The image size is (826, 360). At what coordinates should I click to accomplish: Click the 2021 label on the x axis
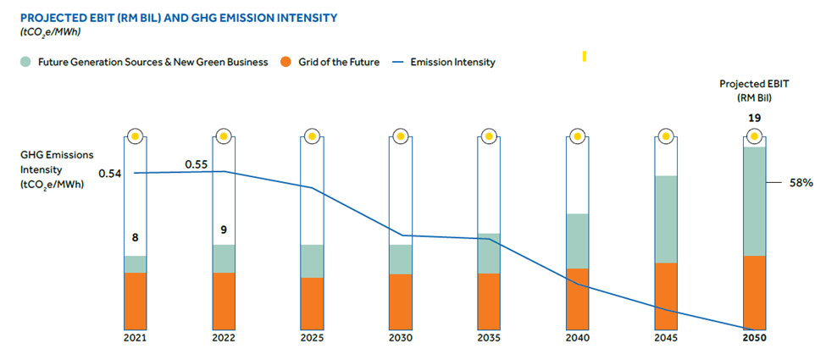coord(136,337)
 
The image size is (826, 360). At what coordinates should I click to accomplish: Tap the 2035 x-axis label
coord(489,337)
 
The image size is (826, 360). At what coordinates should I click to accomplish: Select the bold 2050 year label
coord(754,337)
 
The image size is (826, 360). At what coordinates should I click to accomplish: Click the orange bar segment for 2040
coord(578,298)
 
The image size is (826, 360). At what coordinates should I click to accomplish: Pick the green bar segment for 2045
coord(666,219)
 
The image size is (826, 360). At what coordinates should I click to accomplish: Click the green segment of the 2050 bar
coord(754,202)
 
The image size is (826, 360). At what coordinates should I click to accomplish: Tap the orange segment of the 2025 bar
coord(312,303)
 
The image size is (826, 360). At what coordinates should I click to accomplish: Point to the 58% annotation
coord(801,183)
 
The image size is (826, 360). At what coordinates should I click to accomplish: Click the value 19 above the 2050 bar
coord(754,118)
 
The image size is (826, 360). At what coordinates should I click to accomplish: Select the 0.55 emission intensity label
coord(196,165)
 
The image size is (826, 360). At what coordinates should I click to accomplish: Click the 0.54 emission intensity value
coord(110,174)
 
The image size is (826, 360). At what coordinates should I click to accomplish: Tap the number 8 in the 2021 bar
coord(136,238)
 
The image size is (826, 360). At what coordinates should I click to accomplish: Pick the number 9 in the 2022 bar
coord(224,230)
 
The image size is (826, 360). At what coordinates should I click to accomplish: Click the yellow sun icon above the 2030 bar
coord(401,136)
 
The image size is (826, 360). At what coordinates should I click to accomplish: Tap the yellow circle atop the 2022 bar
coord(224,136)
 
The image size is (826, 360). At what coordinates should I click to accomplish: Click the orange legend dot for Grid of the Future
coord(285,62)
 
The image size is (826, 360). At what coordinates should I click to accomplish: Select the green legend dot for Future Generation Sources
coord(25,62)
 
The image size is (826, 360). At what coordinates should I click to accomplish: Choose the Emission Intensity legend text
coord(453,62)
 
